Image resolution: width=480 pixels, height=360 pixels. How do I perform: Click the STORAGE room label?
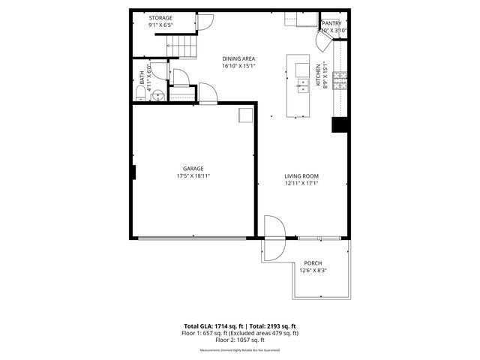click(160, 17)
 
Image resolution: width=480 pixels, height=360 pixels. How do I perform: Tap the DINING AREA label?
click(239, 58)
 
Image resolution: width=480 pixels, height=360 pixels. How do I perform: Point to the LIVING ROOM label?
click(301, 176)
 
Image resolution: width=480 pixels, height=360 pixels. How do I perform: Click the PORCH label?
click(313, 263)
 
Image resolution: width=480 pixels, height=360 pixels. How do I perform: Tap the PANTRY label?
click(331, 23)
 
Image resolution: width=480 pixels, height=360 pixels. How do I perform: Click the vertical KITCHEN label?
click(318, 76)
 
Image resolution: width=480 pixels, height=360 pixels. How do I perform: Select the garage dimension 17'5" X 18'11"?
click(193, 176)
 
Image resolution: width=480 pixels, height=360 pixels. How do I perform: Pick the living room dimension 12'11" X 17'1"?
click(301, 184)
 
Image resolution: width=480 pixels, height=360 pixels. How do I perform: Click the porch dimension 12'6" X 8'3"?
click(313, 271)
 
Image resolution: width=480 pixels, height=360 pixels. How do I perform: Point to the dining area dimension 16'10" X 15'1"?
click(239, 65)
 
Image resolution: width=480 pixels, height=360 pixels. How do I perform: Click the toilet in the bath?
click(140, 92)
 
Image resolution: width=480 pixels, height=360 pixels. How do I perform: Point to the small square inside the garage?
click(245, 115)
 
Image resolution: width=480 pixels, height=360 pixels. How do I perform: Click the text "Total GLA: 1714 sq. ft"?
click(212, 326)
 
